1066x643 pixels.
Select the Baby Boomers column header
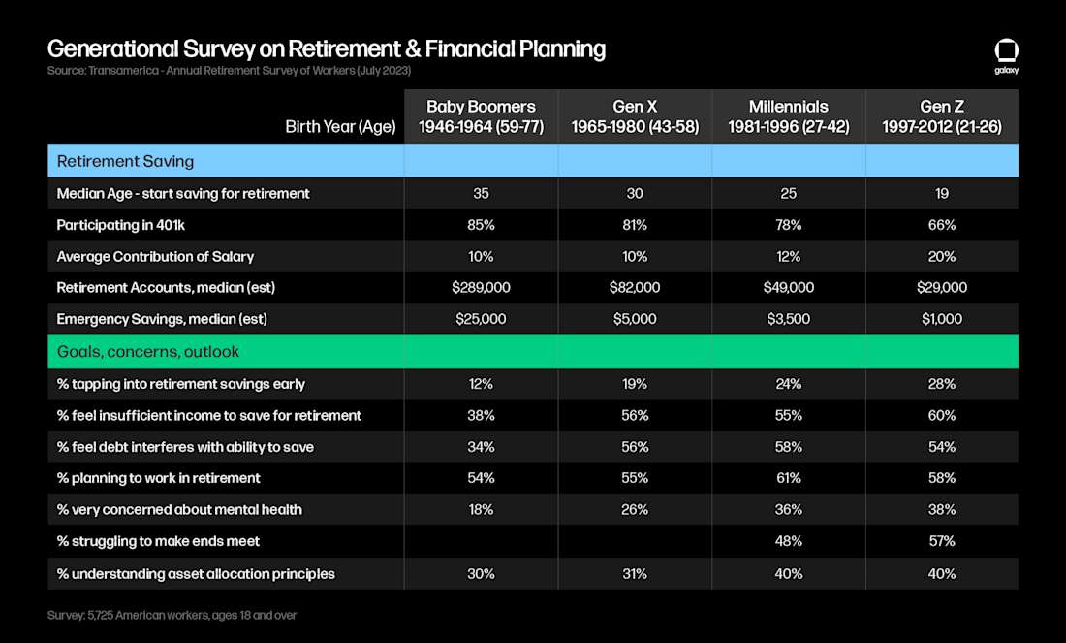point(481,116)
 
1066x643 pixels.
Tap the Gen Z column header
point(942,116)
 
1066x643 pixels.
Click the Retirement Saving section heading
point(125,161)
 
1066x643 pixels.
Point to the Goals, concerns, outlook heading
point(147,352)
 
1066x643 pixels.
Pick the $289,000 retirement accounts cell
point(481,288)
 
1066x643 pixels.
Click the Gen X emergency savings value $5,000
point(635,319)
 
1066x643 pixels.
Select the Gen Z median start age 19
point(942,194)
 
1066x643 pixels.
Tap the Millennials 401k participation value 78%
point(788,225)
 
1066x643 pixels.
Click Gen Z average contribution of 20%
point(942,256)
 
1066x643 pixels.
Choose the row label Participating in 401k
point(120,225)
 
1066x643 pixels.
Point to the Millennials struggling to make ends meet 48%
point(788,541)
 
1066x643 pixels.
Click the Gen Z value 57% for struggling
point(942,541)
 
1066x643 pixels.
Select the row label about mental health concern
point(179,509)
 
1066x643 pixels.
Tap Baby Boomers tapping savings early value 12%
point(481,384)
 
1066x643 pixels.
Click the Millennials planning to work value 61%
point(788,478)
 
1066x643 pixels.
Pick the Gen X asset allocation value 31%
point(635,574)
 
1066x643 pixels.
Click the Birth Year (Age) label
point(340,126)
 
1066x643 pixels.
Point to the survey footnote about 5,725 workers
point(172,615)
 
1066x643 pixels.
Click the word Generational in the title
point(112,49)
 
